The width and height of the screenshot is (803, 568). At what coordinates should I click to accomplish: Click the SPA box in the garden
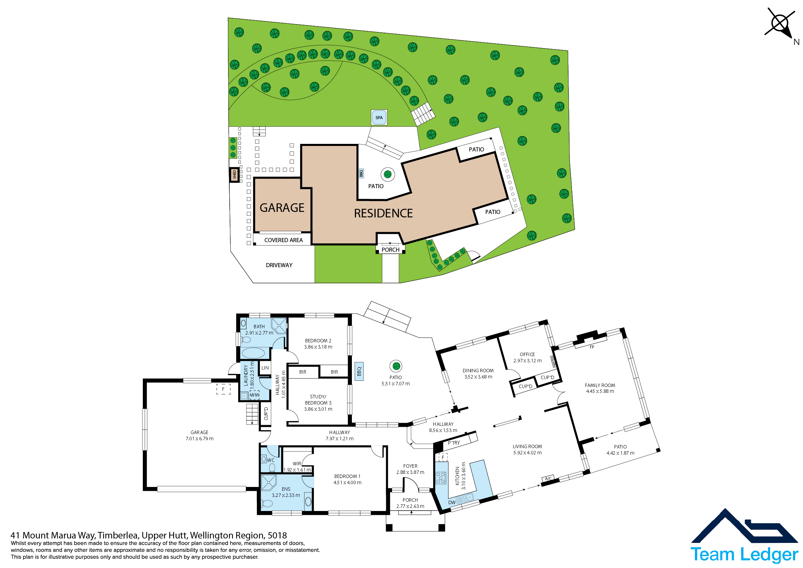tap(379, 117)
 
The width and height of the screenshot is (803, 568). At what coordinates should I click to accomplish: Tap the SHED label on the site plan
tap(234, 174)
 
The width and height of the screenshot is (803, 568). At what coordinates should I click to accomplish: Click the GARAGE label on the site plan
tap(282, 208)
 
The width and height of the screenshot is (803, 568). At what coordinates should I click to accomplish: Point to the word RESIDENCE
tap(383, 213)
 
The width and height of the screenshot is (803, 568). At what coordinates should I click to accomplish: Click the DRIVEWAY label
tap(279, 265)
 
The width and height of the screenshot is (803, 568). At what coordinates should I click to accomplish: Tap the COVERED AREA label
tap(283, 240)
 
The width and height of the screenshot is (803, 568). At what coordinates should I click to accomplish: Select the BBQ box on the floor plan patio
tap(359, 371)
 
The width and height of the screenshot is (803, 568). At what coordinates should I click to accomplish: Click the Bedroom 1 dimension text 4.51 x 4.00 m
tap(347, 482)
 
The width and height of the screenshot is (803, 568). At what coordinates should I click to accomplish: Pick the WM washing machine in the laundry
tap(255, 395)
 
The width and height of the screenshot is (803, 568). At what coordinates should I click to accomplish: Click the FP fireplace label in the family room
tap(592, 347)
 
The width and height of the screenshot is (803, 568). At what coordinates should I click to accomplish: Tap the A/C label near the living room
tap(548, 478)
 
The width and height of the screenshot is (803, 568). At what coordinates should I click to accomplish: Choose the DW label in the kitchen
tap(452, 503)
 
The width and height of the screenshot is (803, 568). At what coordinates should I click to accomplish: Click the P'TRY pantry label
tap(454, 443)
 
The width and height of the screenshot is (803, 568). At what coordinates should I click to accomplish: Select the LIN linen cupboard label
tap(265, 367)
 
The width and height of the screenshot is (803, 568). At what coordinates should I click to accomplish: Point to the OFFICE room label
tap(527, 354)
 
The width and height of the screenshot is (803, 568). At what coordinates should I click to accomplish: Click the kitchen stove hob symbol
tap(441, 478)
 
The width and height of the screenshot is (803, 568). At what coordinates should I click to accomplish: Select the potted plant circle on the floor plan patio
tap(396, 366)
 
